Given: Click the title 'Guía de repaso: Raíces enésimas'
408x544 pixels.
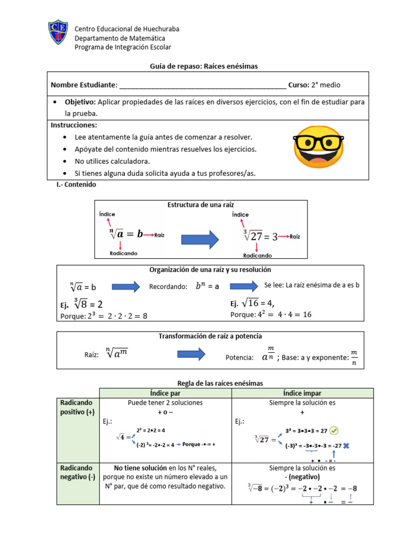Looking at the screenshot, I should (x=202, y=66).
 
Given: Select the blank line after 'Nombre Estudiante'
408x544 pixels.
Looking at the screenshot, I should (x=202, y=85).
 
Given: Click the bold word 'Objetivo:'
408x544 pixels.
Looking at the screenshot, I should (x=80, y=101).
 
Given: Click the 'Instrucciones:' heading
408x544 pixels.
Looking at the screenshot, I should (x=74, y=125).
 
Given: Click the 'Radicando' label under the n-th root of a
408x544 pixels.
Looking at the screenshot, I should (x=123, y=253).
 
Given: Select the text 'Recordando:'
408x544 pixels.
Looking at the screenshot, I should (x=168, y=287).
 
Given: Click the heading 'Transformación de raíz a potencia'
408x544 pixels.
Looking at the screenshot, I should (x=210, y=336).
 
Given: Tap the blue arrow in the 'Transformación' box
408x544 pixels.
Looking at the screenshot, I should (x=191, y=354).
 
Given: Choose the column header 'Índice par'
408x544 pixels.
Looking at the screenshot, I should (x=165, y=393).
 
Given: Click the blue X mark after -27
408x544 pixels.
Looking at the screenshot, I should (x=345, y=446).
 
